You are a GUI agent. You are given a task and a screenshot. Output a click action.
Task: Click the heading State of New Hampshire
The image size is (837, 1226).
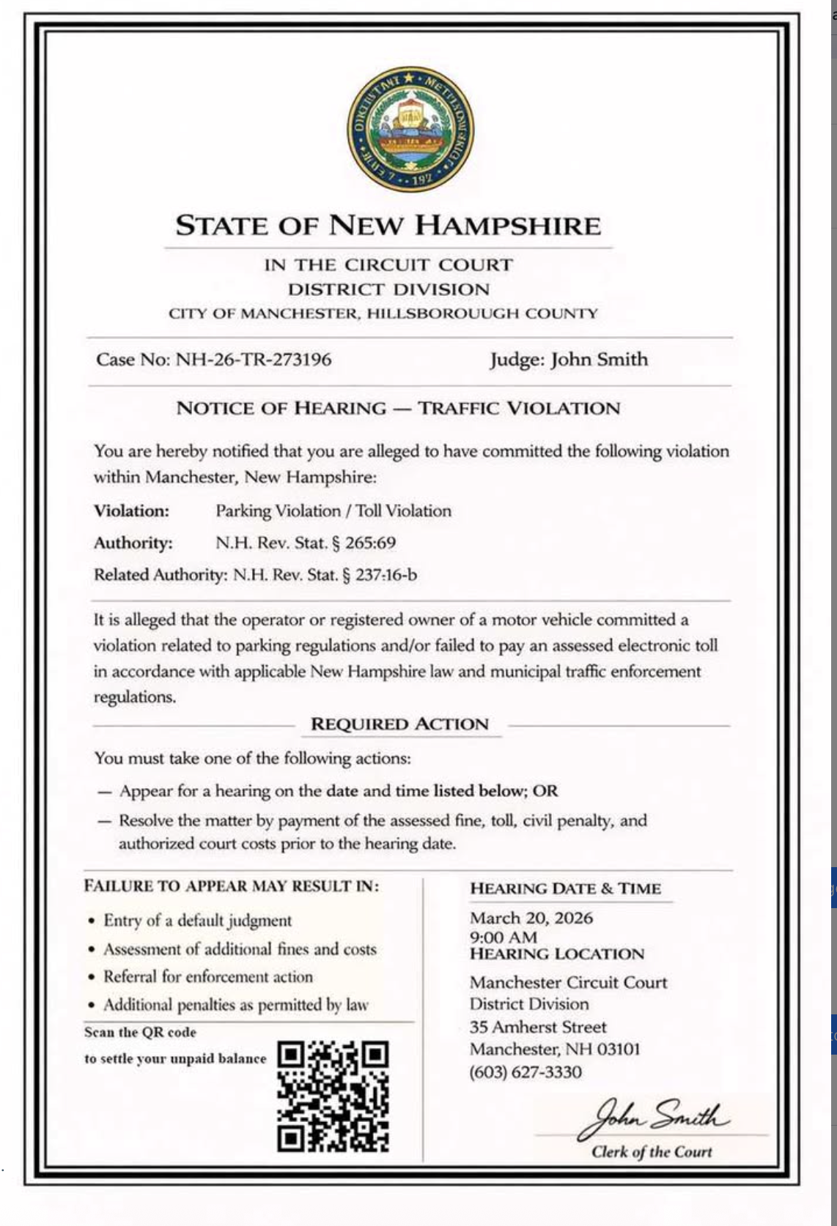(x=388, y=226)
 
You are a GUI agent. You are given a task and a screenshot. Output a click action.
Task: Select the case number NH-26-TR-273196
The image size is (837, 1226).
(x=254, y=360)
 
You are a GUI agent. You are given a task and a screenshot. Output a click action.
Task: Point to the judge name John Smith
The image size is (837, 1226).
(x=600, y=360)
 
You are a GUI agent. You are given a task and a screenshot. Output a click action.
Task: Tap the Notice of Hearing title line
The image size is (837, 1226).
(x=398, y=409)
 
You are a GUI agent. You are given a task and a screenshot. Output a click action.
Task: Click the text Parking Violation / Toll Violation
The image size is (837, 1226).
(x=333, y=511)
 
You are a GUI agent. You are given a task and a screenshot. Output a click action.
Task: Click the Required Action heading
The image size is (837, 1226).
(x=399, y=724)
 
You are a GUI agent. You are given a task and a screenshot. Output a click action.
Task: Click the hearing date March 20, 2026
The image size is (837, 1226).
(x=531, y=918)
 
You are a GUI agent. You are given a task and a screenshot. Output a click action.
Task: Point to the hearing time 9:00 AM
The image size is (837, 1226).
(x=504, y=937)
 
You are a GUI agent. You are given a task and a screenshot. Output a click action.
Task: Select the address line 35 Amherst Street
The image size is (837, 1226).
(x=538, y=1028)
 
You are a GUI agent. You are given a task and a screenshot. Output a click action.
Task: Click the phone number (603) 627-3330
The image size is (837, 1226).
(x=526, y=1073)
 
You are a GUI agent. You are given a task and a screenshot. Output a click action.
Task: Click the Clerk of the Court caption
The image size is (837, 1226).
(x=652, y=1152)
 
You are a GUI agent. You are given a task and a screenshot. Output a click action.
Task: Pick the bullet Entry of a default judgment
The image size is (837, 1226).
(x=197, y=921)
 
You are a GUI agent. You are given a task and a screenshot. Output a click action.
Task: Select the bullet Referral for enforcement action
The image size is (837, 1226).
(x=207, y=977)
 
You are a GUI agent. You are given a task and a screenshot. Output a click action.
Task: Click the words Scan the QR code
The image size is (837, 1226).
(x=140, y=1033)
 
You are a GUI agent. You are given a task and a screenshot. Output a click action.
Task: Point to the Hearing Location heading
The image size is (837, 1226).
(x=557, y=954)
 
